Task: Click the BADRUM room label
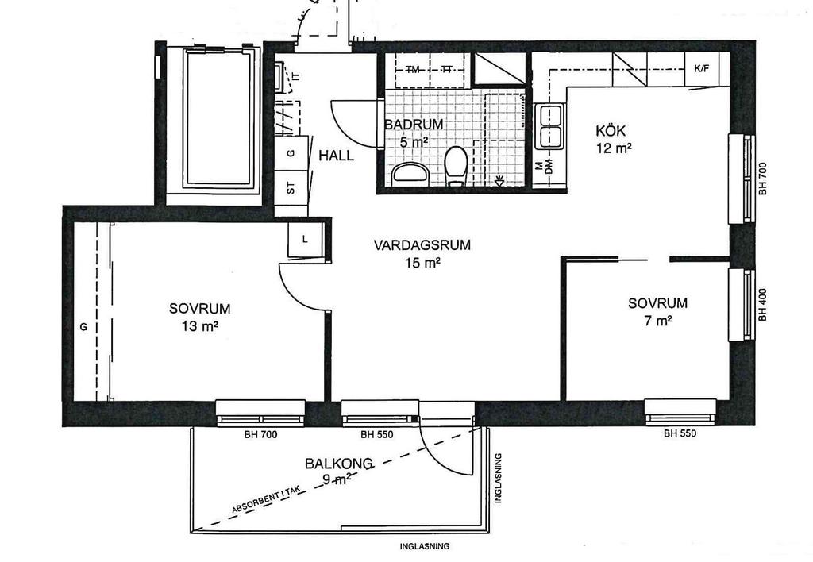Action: tap(414, 125)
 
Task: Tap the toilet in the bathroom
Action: tap(457, 165)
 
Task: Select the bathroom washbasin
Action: tap(410, 173)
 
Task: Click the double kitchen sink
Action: tap(550, 126)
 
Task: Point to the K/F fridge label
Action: tap(702, 68)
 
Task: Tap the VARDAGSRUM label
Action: tap(422, 244)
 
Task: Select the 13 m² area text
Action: tap(199, 326)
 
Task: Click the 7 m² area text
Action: tap(658, 321)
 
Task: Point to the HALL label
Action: tap(336, 155)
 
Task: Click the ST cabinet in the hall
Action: tap(291, 187)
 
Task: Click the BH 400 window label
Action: tap(762, 304)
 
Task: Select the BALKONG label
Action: tap(338, 463)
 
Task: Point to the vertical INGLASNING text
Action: tap(499, 478)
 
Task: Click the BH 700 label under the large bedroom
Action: tap(260, 435)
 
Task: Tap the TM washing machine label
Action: tap(413, 70)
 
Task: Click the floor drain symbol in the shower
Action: tap(500, 180)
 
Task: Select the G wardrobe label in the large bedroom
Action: tap(83, 327)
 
